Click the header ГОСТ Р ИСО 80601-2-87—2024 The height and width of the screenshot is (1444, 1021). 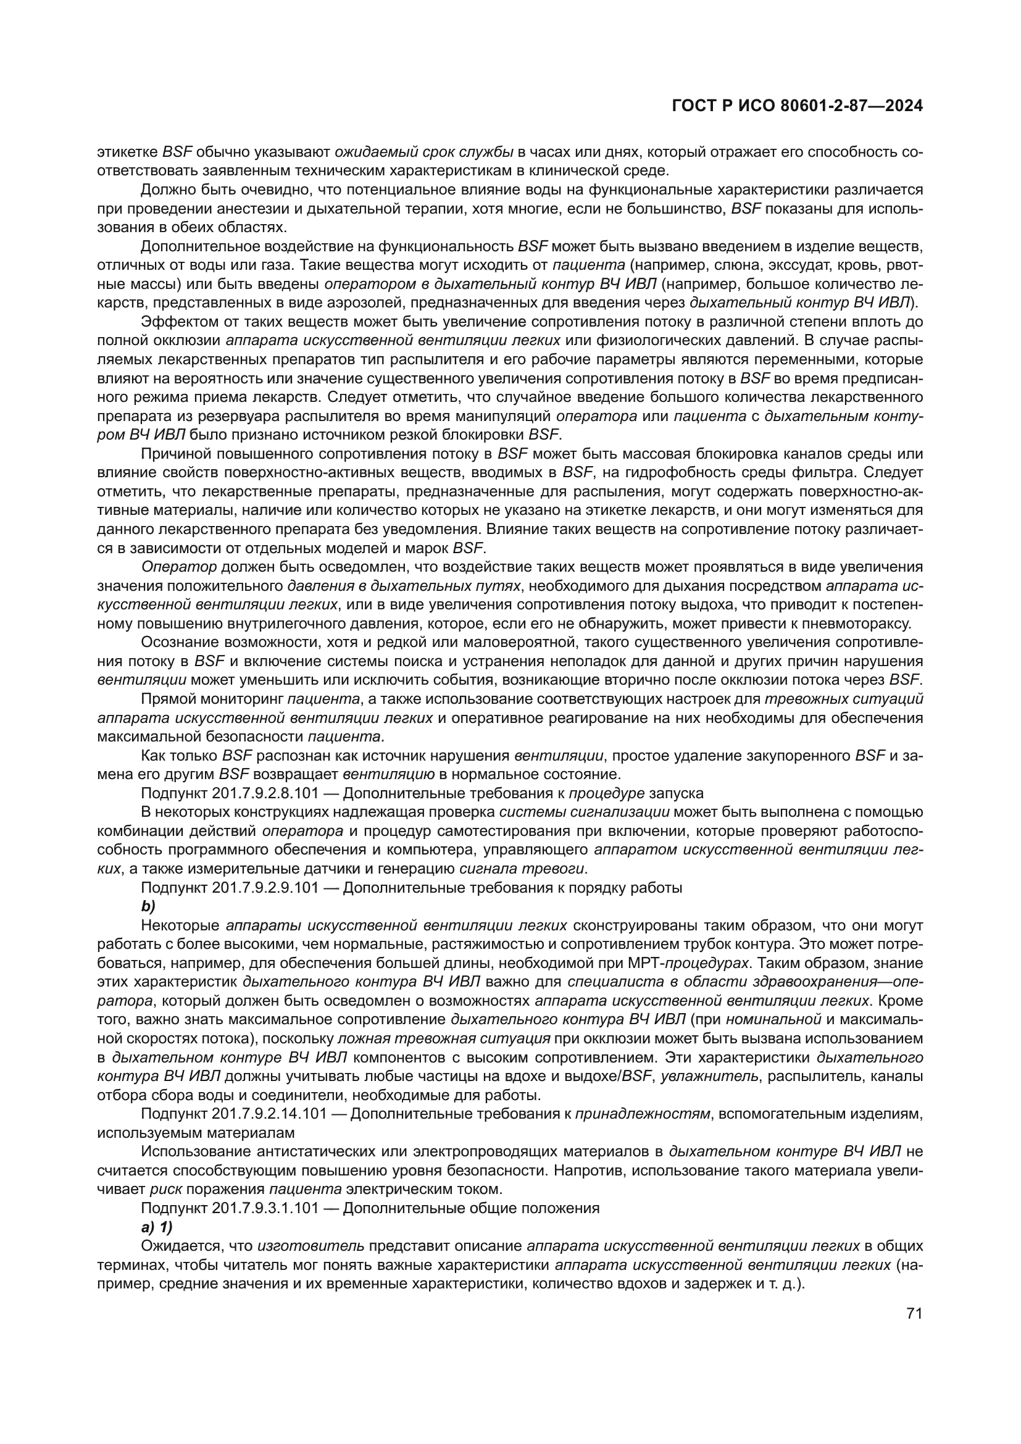click(797, 107)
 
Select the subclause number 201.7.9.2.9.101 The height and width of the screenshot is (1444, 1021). click(267, 887)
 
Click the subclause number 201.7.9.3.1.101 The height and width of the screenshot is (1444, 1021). click(267, 1208)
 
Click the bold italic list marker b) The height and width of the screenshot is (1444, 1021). click(148, 906)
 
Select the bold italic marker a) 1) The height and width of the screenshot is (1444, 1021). click(157, 1227)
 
